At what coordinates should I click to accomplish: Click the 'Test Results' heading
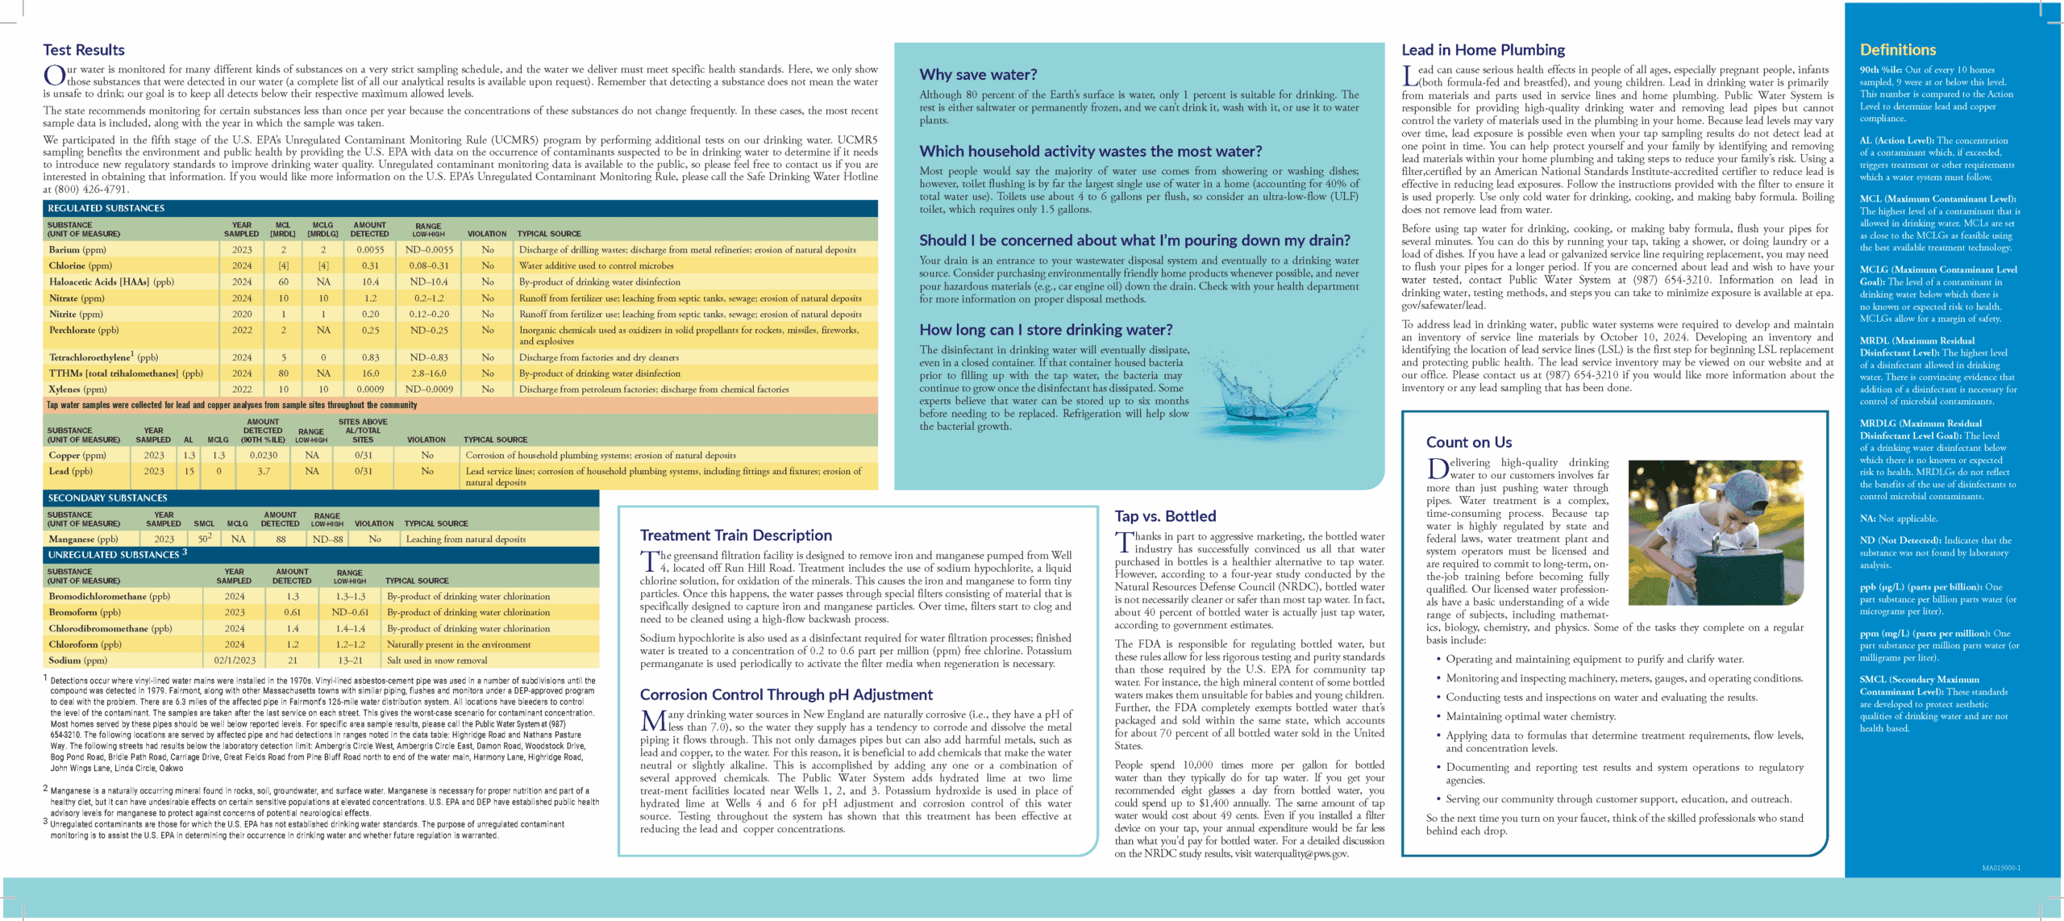(84, 50)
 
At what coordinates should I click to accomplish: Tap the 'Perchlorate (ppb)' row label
(84, 330)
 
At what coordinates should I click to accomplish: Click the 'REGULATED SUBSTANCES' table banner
(106, 208)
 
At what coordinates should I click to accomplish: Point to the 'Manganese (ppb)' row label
(83, 539)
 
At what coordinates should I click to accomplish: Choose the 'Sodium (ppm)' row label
(77, 660)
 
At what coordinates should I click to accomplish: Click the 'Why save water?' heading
(978, 75)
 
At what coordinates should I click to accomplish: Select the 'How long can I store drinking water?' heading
(1046, 330)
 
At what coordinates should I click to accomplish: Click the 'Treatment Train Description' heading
(735, 536)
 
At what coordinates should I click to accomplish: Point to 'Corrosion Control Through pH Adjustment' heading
(786, 694)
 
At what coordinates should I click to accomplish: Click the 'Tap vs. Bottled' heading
(1165, 516)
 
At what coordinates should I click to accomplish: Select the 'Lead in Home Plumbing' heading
(1483, 50)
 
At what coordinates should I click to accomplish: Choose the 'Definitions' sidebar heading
(1897, 50)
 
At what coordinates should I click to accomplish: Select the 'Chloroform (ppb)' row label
(85, 644)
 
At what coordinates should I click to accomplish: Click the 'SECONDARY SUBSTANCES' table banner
(107, 498)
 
